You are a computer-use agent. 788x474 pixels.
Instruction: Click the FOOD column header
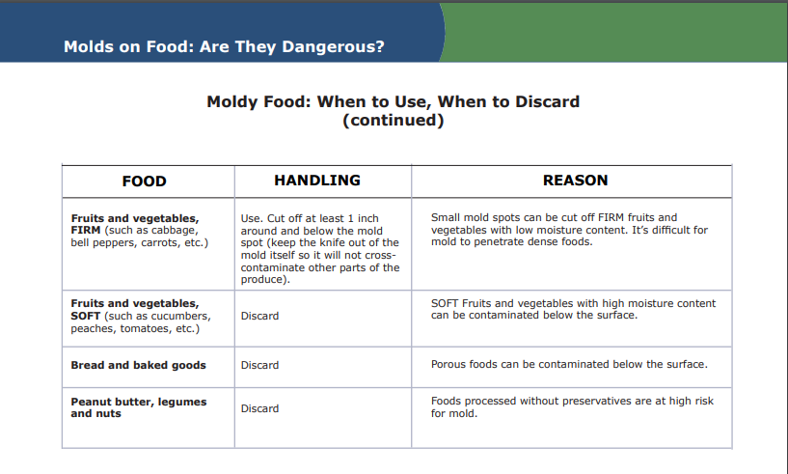tap(145, 181)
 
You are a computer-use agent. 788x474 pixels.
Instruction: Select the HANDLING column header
tap(317, 181)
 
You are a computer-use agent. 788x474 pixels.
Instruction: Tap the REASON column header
tap(576, 181)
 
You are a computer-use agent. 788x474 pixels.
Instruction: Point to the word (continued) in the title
tap(394, 121)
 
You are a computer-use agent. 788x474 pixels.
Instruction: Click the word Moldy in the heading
tap(232, 101)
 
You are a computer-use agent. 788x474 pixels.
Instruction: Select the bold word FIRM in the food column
tap(86, 230)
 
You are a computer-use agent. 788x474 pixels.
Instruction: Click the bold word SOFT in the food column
tap(86, 316)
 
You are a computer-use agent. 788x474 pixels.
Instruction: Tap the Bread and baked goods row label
tap(138, 365)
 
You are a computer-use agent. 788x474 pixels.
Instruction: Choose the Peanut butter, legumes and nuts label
tap(139, 407)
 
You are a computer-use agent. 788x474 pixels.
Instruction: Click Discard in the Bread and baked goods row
tap(259, 365)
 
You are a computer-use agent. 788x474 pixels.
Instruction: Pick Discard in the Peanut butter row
tap(259, 408)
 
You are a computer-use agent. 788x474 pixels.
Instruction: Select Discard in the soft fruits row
tap(259, 316)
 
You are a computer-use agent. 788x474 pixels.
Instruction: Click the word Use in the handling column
tap(250, 218)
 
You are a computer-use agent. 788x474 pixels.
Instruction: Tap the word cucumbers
tap(181, 317)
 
